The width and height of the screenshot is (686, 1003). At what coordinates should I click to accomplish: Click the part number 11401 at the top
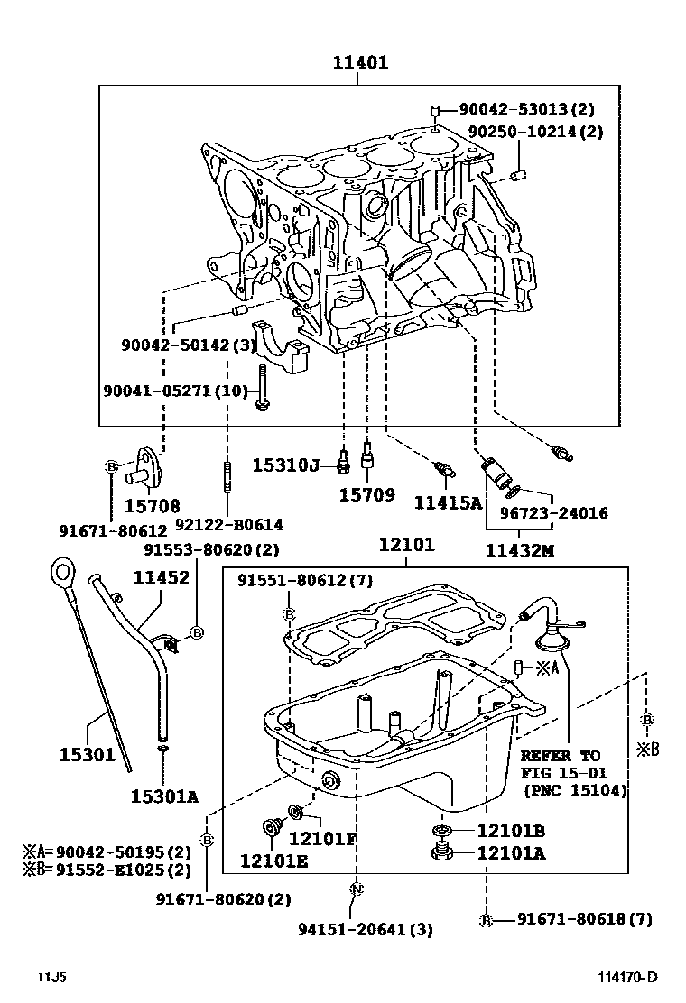pos(359,62)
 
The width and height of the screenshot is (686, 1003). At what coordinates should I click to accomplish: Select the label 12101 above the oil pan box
pos(406,545)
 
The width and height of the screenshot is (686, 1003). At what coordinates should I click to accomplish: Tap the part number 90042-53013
pos(514,109)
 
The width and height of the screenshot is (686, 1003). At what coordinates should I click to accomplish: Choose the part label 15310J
pos(285,465)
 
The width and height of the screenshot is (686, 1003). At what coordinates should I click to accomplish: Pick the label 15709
pos(366,494)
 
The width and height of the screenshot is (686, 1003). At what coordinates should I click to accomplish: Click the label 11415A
pos(448,502)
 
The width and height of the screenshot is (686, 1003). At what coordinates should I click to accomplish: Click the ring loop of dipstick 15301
pos(62,569)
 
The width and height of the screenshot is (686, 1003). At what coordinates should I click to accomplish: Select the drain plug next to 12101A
pos(442,852)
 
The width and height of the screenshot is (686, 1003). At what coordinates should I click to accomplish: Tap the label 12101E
pos(273,860)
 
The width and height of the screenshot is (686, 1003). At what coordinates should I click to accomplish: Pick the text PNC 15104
pos(574,790)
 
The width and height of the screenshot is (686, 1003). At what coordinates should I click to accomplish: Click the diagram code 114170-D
pos(626,977)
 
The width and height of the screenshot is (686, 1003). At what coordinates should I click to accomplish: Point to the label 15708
pos(152,506)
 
